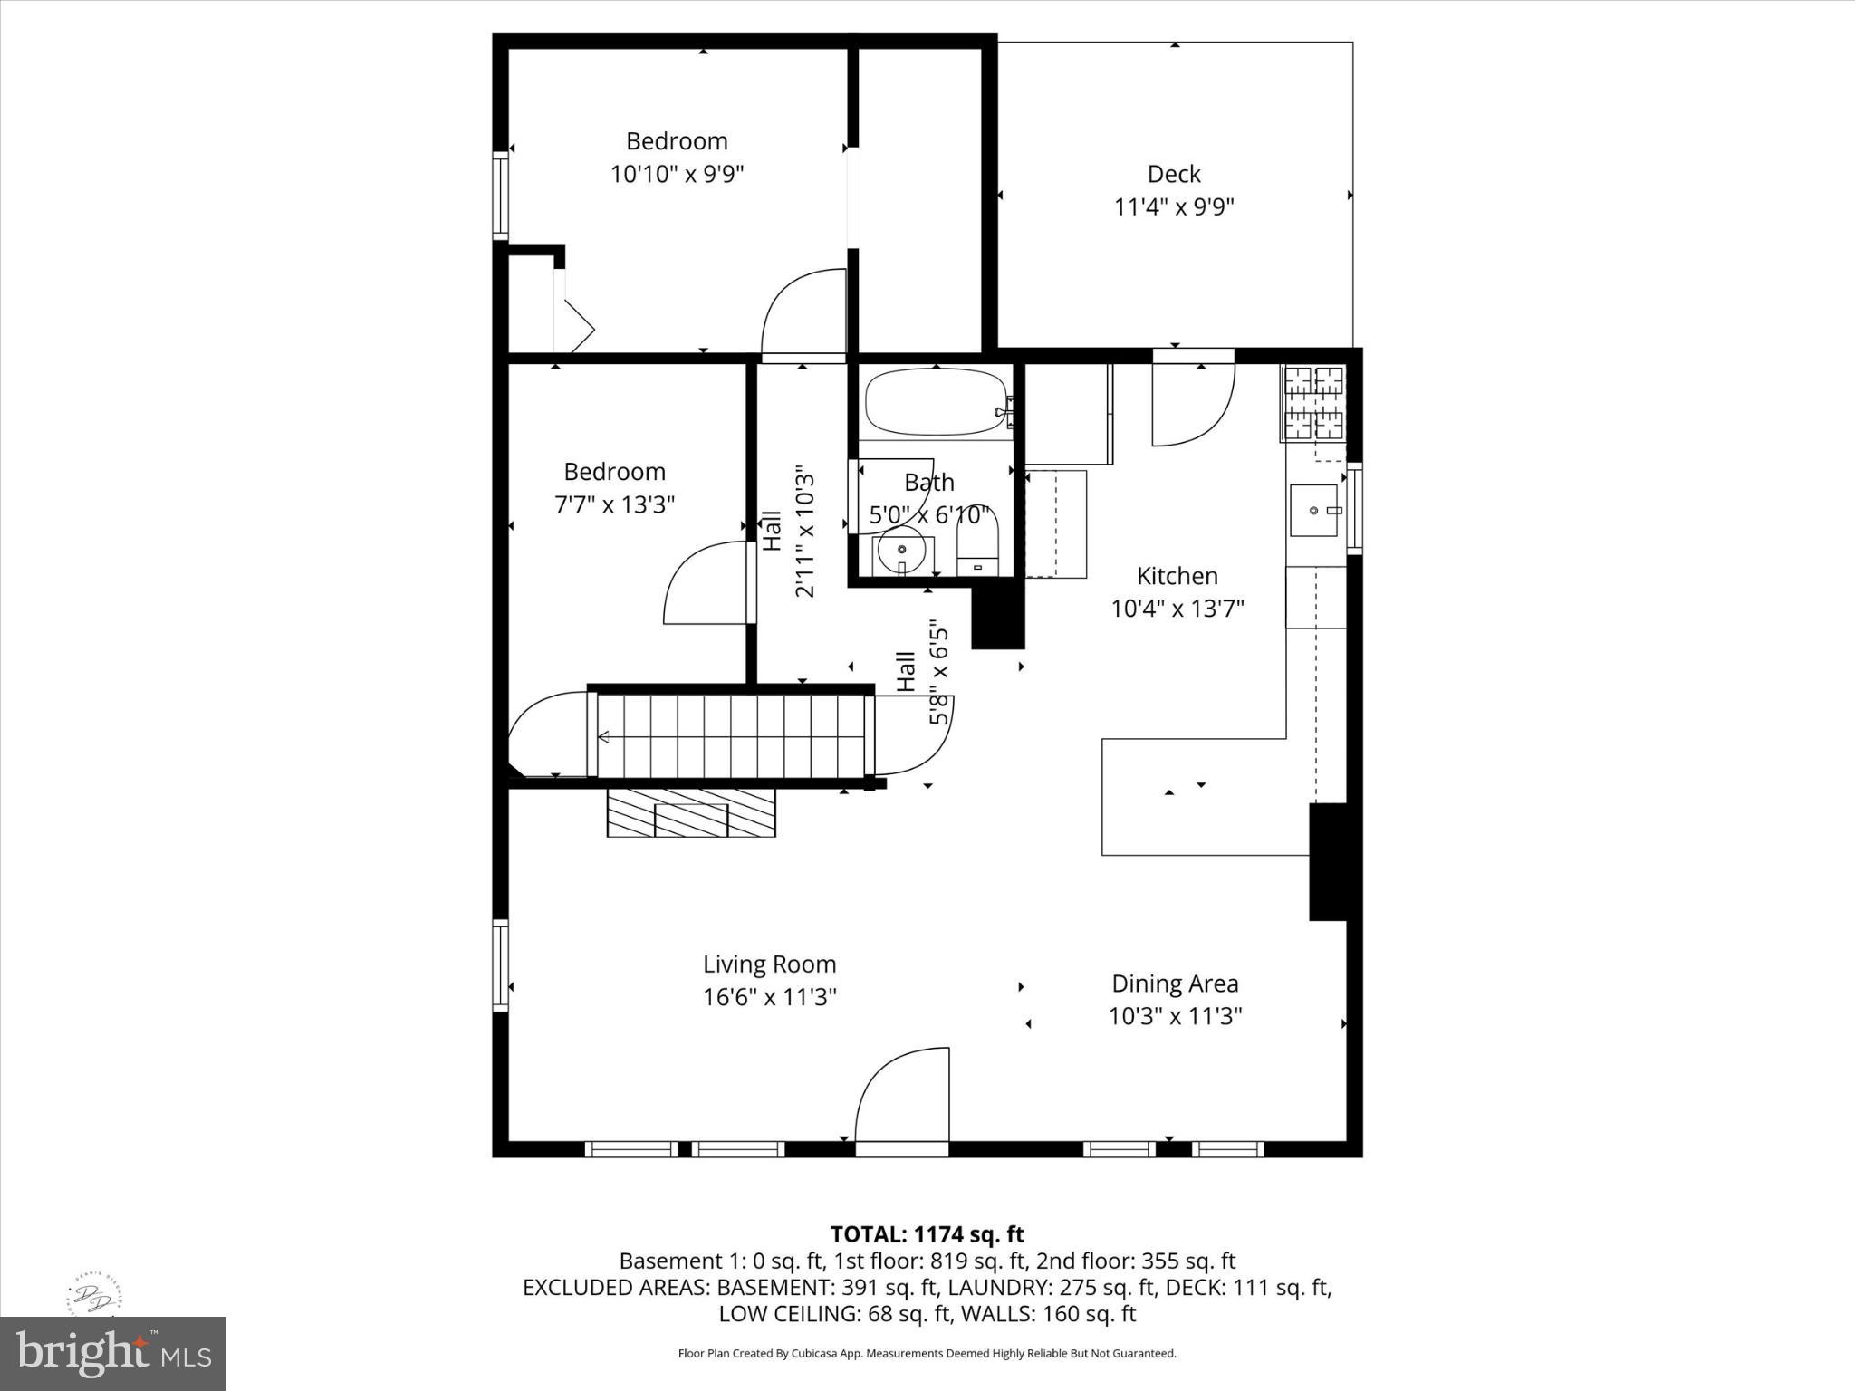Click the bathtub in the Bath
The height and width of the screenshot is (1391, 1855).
click(x=936, y=403)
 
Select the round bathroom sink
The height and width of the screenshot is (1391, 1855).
click(x=902, y=551)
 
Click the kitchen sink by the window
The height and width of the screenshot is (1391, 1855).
click(x=1314, y=510)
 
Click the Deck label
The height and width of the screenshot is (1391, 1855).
click(x=1174, y=174)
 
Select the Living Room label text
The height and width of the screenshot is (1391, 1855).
click(x=770, y=964)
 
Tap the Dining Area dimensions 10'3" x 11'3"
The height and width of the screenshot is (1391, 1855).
click(x=1175, y=1016)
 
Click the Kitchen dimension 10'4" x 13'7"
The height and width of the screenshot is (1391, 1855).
click(x=1177, y=608)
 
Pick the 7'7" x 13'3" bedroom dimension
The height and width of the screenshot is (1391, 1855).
click(x=615, y=504)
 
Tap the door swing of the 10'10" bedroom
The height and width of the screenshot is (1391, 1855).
click(x=803, y=313)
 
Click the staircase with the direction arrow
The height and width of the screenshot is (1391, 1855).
click(x=730, y=736)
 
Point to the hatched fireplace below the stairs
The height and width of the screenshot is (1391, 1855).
click(x=691, y=812)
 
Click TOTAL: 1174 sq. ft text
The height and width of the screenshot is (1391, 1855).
click(x=927, y=1234)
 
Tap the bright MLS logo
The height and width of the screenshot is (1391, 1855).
click(x=113, y=1353)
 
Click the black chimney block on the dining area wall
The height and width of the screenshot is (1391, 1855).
click(x=1328, y=862)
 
